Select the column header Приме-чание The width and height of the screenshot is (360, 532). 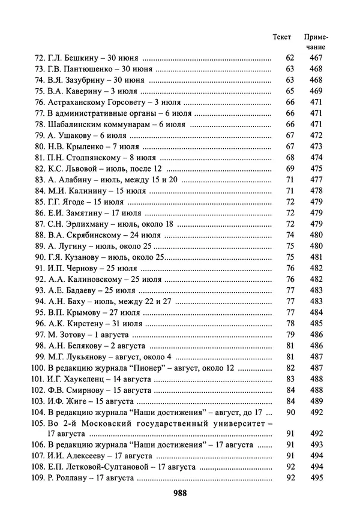pyautogui.click(x=316, y=41)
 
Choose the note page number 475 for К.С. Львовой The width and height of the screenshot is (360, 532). pyautogui.click(x=316, y=169)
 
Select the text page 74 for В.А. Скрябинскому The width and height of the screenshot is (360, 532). pyautogui.click(x=290, y=235)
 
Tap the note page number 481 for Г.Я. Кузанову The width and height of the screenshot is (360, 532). pyautogui.click(x=316, y=257)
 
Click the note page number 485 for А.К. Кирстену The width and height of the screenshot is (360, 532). pyautogui.click(x=316, y=323)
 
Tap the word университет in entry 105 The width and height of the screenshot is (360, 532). pyautogui.click(x=238, y=423)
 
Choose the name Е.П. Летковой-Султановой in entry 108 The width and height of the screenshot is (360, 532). pyautogui.click(x=98, y=467)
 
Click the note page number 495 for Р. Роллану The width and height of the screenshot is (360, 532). pyautogui.click(x=316, y=477)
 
